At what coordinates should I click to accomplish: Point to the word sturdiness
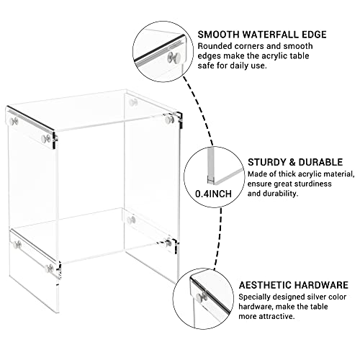point(315,184)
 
